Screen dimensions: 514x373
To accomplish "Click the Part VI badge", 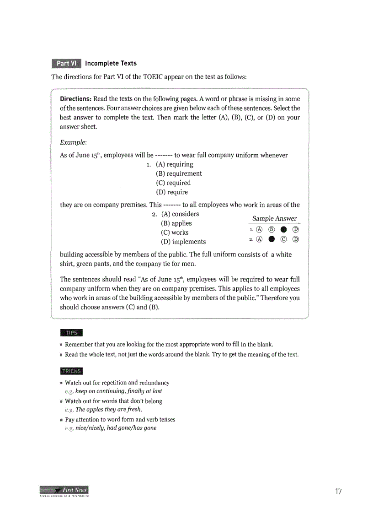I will point(66,63).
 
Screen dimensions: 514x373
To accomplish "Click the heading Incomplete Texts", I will point(111,63).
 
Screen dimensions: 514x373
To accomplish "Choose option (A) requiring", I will point(175,164).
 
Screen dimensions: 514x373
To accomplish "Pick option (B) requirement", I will point(179,173).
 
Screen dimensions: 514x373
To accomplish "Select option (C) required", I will point(173,183).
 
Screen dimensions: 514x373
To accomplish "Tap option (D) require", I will point(172,192).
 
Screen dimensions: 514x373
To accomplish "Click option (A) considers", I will point(180,214).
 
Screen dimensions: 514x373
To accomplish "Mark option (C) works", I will point(175,233).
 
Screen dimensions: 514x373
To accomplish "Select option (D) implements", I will point(183,242).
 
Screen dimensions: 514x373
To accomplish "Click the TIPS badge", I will point(71,333).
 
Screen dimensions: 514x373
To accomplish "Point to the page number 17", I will point(338,492).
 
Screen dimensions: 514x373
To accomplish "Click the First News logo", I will point(64,491).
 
